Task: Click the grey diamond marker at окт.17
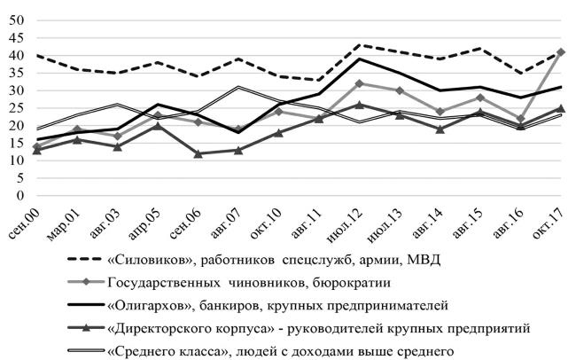tap(562, 52)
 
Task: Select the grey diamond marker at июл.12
tap(358, 83)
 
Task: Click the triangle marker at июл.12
tap(358, 105)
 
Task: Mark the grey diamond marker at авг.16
tap(522, 119)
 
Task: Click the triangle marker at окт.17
tap(562, 108)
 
